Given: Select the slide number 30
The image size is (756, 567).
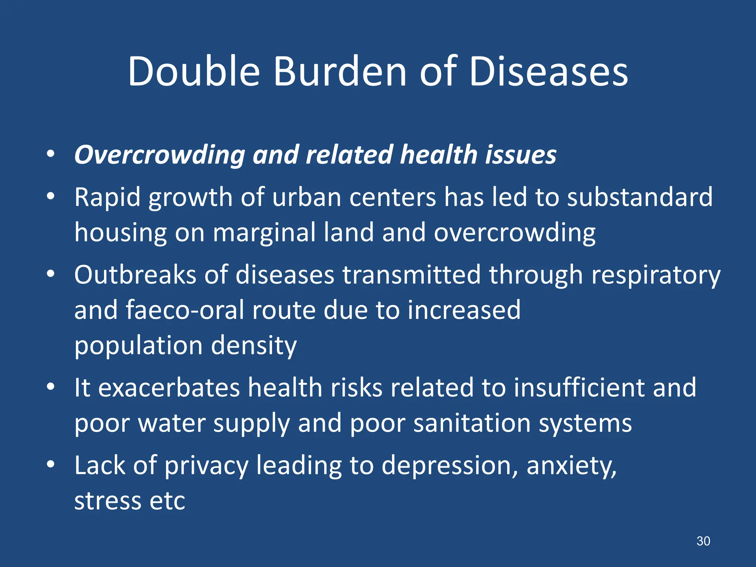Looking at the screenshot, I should point(703,541).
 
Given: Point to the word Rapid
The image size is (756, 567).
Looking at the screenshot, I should point(107,197).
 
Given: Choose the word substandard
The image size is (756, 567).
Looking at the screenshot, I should point(640,197).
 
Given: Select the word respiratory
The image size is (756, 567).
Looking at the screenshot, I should point(656,275).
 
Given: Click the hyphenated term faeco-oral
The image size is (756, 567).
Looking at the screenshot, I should point(185,310).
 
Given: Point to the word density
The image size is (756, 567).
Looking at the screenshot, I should point(254,346).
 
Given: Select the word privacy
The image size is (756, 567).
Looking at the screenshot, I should point(206,466).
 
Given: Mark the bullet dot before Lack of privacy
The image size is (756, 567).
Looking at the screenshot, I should point(51,464).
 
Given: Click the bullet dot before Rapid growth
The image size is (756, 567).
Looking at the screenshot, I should point(51,196).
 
